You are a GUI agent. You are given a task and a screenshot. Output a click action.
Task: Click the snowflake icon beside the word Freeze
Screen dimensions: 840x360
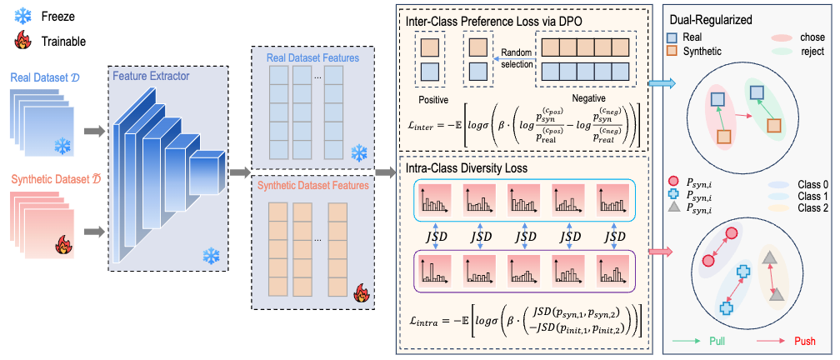[23, 17]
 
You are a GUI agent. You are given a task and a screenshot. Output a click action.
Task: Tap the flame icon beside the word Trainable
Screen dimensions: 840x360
[23, 41]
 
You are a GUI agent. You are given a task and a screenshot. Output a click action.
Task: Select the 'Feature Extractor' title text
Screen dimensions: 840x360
[151, 76]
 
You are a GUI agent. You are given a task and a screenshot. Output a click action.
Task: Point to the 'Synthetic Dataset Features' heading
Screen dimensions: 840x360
[313, 187]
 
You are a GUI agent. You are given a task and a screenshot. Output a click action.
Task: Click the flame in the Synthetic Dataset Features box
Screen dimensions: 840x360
[362, 293]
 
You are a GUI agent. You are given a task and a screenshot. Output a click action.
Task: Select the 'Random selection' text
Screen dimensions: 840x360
[517, 59]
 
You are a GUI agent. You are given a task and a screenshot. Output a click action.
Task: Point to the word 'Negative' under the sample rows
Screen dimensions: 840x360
[588, 99]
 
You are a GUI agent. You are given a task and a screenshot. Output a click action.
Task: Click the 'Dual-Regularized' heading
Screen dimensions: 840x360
[711, 20]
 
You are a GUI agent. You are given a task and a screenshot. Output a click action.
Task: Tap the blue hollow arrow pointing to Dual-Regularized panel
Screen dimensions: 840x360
[662, 83]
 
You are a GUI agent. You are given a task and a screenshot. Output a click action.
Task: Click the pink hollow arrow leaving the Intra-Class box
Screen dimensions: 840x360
[662, 251]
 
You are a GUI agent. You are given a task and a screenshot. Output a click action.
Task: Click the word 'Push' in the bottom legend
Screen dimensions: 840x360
[805, 342]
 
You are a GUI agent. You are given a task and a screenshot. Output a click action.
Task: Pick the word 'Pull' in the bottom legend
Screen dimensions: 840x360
[717, 342]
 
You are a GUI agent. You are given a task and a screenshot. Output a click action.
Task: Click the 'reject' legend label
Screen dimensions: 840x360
[812, 52]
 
